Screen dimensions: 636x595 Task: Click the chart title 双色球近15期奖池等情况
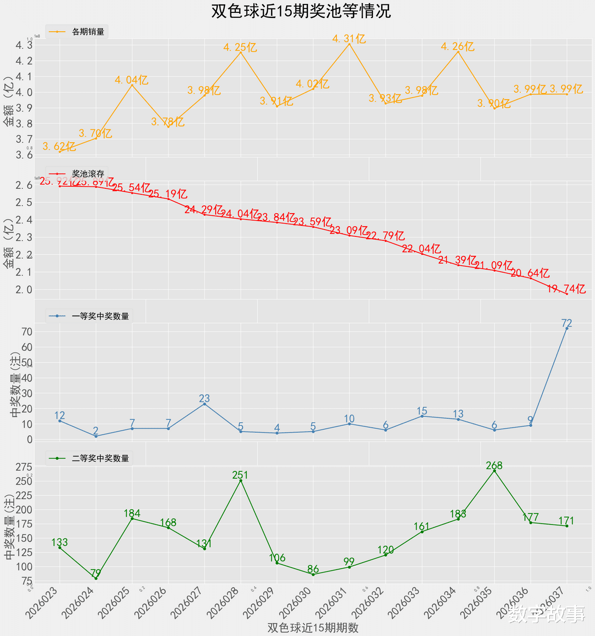coord(301,11)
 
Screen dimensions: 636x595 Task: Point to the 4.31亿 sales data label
coord(349,39)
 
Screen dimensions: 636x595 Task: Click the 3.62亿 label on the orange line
coord(59,146)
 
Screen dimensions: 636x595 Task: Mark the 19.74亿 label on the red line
coord(567,289)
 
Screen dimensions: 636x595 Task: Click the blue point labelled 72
coord(567,328)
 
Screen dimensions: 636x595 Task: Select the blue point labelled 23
coord(204,404)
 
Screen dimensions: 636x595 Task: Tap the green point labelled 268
coord(494,471)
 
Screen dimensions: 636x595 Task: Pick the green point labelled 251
coord(240,480)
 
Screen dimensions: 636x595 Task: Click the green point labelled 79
coord(96,578)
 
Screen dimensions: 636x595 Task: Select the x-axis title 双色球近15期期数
coord(313,627)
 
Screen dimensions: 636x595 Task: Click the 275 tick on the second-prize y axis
coord(24,467)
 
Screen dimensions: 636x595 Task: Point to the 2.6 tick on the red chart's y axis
coord(24,185)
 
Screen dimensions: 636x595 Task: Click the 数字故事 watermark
coord(546,614)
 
